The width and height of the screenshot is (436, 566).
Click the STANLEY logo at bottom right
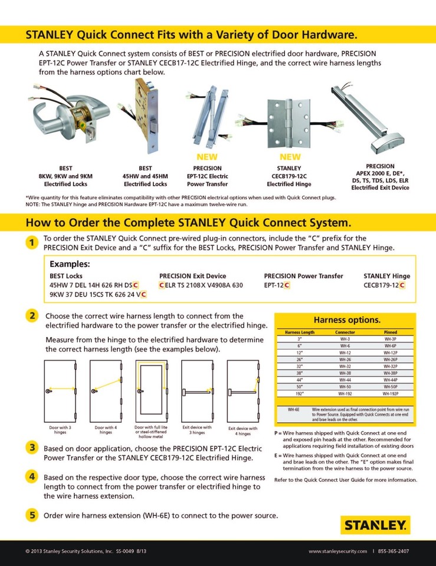click(x=375, y=524)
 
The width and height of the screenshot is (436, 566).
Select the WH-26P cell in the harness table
click(x=390, y=359)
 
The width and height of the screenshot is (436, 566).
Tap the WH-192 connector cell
click(x=345, y=393)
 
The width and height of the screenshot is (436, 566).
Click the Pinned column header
click(x=390, y=333)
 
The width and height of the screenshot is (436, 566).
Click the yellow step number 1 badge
click(x=31, y=243)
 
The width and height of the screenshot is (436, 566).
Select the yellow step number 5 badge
click(x=31, y=515)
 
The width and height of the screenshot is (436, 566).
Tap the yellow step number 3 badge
click(x=31, y=448)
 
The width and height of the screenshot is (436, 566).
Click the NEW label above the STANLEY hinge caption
click(x=290, y=157)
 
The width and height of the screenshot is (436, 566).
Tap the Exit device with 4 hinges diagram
click(x=243, y=390)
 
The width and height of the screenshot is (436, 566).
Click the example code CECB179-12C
click(x=385, y=285)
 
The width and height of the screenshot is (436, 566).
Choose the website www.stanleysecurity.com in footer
click(x=337, y=551)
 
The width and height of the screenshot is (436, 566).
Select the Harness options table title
click(x=346, y=320)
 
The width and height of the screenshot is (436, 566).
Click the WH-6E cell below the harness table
click(x=293, y=409)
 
